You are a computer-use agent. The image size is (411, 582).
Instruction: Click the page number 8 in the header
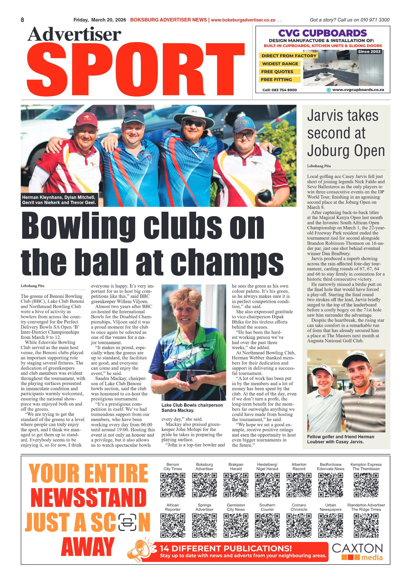pyautogui.click(x=22, y=20)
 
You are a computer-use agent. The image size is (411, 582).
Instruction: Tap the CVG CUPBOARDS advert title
pyautogui.click(x=322, y=33)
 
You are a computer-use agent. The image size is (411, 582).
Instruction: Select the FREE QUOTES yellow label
pyautogui.click(x=277, y=72)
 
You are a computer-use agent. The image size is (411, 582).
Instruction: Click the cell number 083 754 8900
pyautogui.click(x=279, y=90)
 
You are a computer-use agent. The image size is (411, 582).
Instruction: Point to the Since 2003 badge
pyautogui.click(x=369, y=52)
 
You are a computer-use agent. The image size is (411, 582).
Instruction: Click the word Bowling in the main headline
pyautogui.click(x=78, y=226)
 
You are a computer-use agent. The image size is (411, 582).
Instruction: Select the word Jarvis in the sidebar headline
pyautogui.click(x=324, y=116)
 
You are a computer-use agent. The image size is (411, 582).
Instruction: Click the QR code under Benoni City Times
pyautogui.click(x=173, y=485)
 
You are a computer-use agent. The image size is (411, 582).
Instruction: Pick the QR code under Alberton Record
pyautogui.click(x=299, y=485)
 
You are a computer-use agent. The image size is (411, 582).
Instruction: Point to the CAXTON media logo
pyautogui.click(x=357, y=552)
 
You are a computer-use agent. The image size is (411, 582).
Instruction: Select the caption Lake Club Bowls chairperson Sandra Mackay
pyautogui.click(x=192, y=408)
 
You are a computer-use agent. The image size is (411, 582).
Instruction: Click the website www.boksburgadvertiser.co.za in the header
pyautogui.click(x=243, y=20)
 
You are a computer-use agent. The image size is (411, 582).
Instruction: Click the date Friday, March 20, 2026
pyautogui.click(x=100, y=20)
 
